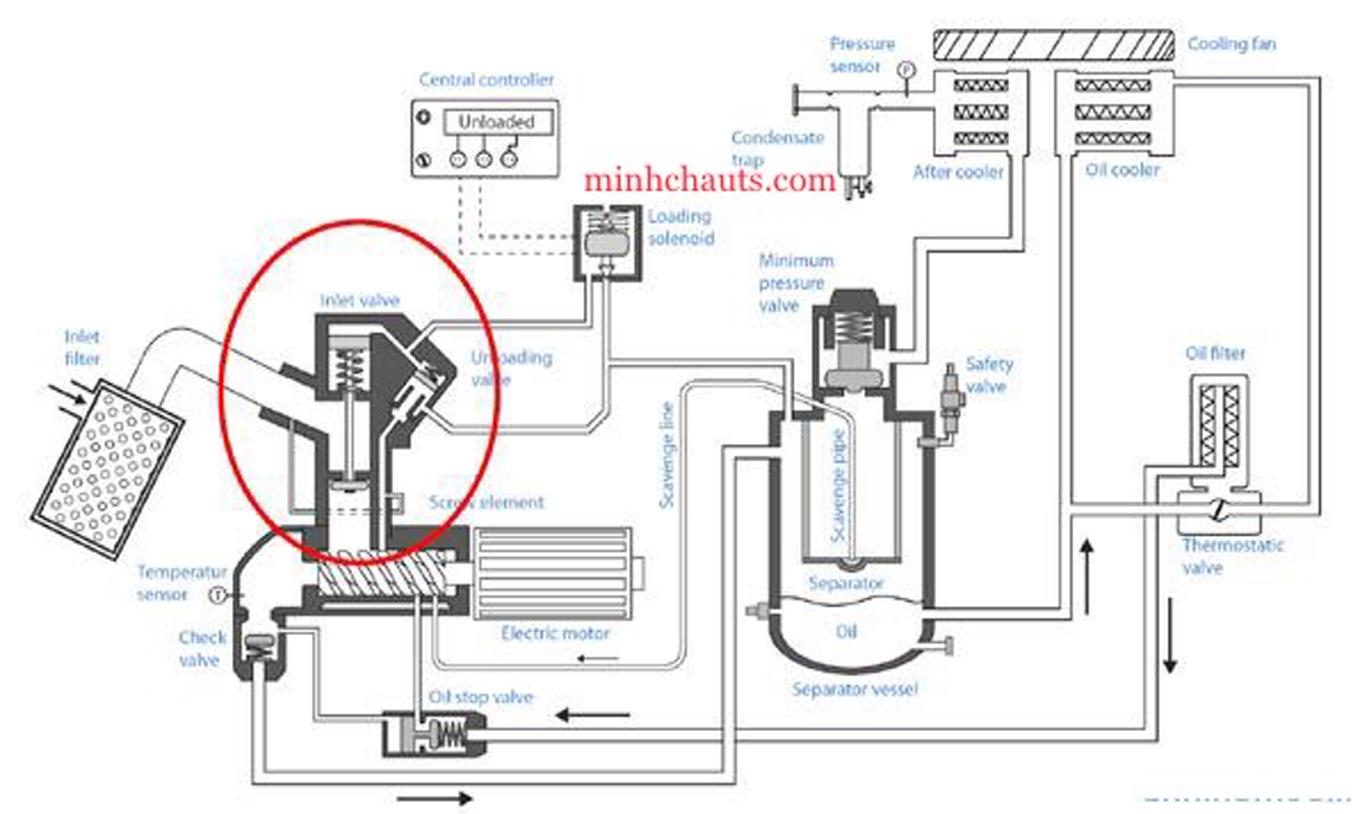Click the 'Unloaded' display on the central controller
(x=497, y=122)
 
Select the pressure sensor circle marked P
(x=906, y=70)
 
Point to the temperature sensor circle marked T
(x=218, y=595)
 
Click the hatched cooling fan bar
(x=1053, y=45)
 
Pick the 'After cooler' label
(x=958, y=172)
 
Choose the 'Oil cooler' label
(x=1122, y=170)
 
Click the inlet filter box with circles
(x=107, y=469)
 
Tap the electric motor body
(x=551, y=573)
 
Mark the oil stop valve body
(x=434, y=734)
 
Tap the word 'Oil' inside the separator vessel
(x=845, y=632)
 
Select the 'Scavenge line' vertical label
(x=667, y=455)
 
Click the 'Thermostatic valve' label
(x=1232, y=557)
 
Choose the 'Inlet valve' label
(x=360, y=300)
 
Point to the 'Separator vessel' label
(x=855, y=689)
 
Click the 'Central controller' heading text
(x=486, y=80)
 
